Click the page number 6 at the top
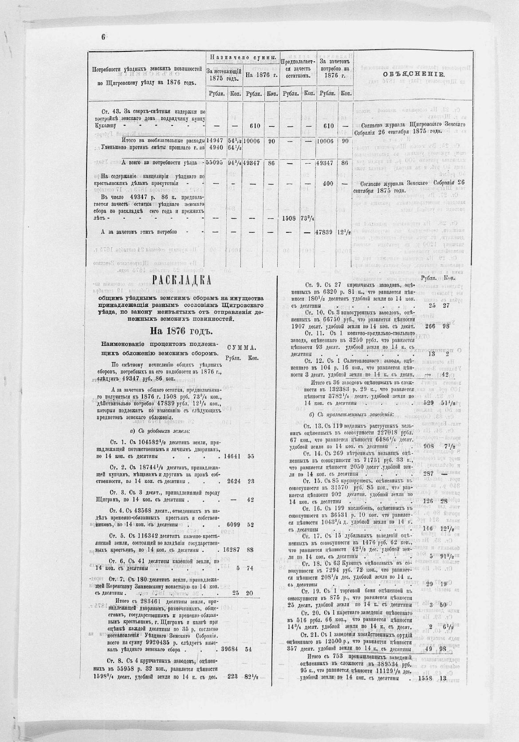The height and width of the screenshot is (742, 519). [103, 37]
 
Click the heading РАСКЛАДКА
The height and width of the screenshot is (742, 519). [181, 281]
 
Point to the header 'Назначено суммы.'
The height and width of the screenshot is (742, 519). [244, 58]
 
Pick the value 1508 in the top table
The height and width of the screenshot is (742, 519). [291, 218]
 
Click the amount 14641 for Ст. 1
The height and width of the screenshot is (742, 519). [233, 455]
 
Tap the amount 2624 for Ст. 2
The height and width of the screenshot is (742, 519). [235, 481]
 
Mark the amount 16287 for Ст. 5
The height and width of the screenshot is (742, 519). [233, 550]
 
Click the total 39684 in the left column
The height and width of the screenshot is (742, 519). [233, 649]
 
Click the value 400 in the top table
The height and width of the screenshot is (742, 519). [328, 183]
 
